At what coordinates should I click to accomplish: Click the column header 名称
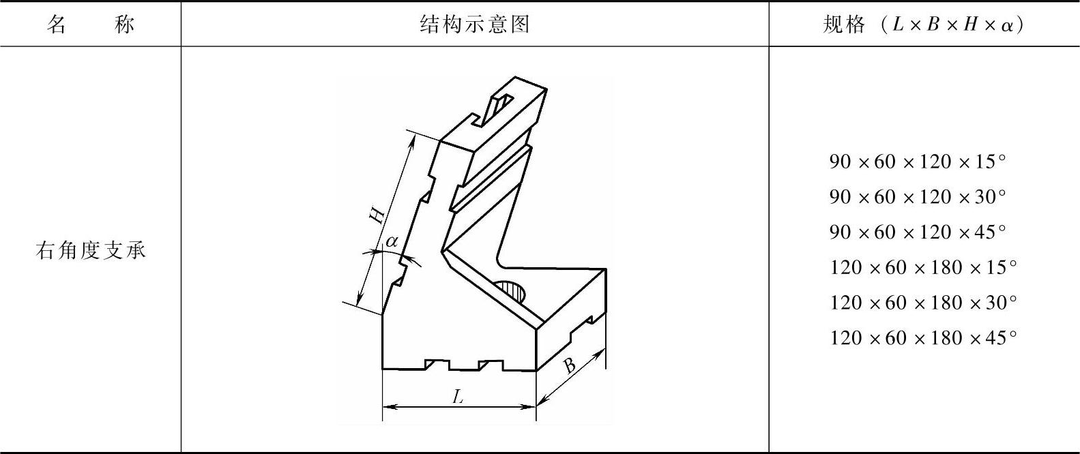(x=90, y=25)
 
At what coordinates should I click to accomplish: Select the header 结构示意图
(x=475, y=25)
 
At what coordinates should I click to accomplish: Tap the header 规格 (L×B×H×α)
(x=923, y=25)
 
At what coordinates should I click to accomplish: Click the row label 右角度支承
(x=90, y=251)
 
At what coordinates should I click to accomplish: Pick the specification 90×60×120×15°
(x=918, y=162)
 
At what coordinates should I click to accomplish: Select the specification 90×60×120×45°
(x=918, y=232)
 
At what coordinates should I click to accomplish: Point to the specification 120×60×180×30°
(x=923, y=303)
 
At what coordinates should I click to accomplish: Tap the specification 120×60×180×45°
(x=923, y=338)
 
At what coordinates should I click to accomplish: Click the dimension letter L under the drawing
(x=458, y=397)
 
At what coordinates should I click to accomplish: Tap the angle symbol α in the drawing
(x=392, y=241)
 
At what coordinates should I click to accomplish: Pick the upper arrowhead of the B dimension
(x=601, y=353)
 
